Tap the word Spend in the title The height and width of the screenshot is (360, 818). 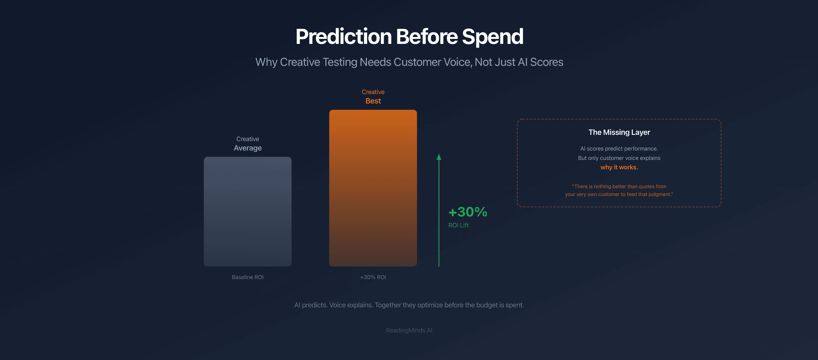coord(493,37)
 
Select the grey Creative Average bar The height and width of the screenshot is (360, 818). coord(247,211)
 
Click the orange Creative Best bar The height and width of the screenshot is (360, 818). coord(373,188)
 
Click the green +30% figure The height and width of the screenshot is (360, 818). coord(468,212)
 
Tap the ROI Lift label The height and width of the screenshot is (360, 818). coord(458,225)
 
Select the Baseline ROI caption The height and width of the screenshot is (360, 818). coord(247,277)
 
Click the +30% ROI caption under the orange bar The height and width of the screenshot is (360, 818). coord(373,277)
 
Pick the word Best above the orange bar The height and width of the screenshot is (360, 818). coord(373,101)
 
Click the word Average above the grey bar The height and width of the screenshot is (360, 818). coord(247,148)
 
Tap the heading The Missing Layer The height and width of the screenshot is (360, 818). coord(619,132)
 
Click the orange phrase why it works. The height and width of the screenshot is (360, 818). coord(619,167)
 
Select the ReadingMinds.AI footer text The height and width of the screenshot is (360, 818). coord(409,330)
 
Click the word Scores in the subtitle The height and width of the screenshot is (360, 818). coord(546,62)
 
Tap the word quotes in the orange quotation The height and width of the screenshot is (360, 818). coord(646,187)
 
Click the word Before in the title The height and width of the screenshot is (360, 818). coord(426,37)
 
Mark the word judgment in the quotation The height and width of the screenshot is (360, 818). coord(660,194)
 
